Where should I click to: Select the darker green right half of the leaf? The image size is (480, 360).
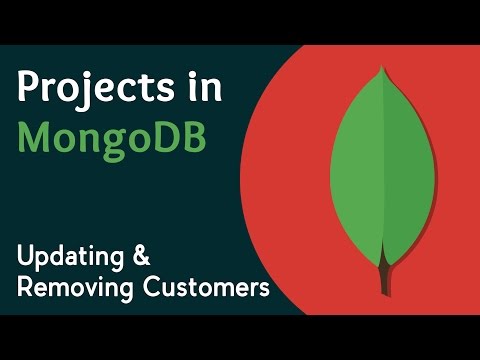tap(404, 160)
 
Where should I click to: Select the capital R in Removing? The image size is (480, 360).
tap(25, 288)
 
